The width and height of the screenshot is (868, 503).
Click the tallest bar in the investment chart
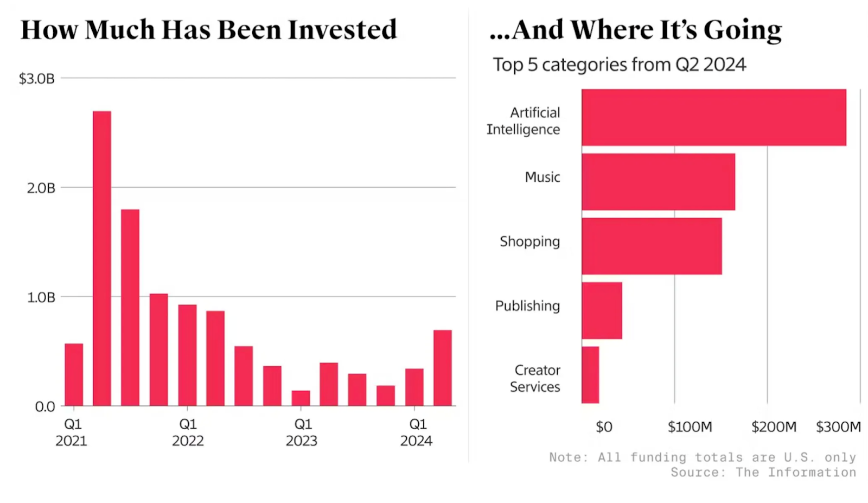coord(102,258)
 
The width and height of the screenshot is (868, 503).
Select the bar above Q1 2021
coord(74,374)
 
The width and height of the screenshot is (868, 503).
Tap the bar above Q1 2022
coord(187,355)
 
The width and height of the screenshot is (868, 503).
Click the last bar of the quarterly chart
coord(442,367)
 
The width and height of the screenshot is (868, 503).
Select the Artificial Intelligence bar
coord(713,117)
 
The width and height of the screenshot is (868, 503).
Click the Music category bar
coord(658,182)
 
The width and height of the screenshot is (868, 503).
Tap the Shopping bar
coord(652,246)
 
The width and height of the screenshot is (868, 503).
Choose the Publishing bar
coord(602,310)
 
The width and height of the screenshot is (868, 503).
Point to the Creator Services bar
coord(590,374)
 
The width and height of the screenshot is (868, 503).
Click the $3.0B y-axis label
coord(37,79)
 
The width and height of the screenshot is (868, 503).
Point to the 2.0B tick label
coord(41,188)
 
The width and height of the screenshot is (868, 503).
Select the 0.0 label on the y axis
coord(45,406)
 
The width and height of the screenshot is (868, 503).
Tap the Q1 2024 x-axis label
coord(417,432)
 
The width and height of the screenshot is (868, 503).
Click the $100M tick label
coord(690,427)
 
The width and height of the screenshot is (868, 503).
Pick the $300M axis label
coord(838,427)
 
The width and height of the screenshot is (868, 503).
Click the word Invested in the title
coord(342,30)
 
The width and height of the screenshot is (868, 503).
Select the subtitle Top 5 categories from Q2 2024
coord(619,65)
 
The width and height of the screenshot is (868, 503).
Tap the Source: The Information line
coord(763,472)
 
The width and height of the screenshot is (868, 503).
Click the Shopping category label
coord(529,241)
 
